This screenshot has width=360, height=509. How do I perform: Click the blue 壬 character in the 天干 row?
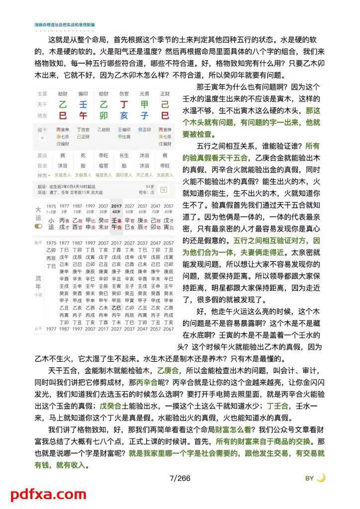pos(83,105)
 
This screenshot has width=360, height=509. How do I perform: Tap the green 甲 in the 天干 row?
pos(144,105)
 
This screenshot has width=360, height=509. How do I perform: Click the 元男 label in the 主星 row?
pos(144,93)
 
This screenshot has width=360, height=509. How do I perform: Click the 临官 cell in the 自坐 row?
pos(103,165)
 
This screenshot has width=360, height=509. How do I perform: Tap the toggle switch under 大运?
pos(38,226)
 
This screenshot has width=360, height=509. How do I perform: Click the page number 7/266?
pos(180,478)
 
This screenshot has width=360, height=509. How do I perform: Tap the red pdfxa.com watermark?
pos(48,494)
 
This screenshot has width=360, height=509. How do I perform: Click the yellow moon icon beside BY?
pos(321,478)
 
